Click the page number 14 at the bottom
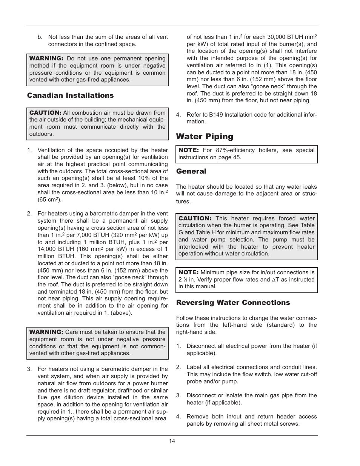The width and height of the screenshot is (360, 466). click(x=172, y=441)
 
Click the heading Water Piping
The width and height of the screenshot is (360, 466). click(x=205, y=137)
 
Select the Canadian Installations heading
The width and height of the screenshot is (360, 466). click(x=70, y=95)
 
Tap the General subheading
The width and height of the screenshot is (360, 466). click(x=191, y=171)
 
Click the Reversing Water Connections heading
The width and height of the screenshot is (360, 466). click(x=233, y=303)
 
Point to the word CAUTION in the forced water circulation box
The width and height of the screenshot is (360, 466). click(x=195, y=218)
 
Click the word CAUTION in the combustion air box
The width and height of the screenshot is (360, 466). click(x=45, y=113)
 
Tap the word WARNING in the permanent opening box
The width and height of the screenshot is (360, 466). click(x=46, y=58)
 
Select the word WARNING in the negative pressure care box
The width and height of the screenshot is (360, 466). click(x=46, y=332)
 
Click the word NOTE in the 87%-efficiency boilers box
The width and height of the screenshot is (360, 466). click(x=188, y=150)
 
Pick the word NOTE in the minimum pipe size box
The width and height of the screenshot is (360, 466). click(x=188, y=272)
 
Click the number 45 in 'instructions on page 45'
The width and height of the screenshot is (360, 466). click(x=237, y=157)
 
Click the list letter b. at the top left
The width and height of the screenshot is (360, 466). click(x=40, y=37)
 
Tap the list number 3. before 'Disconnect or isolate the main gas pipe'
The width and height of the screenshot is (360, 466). click(x=178, y=395)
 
